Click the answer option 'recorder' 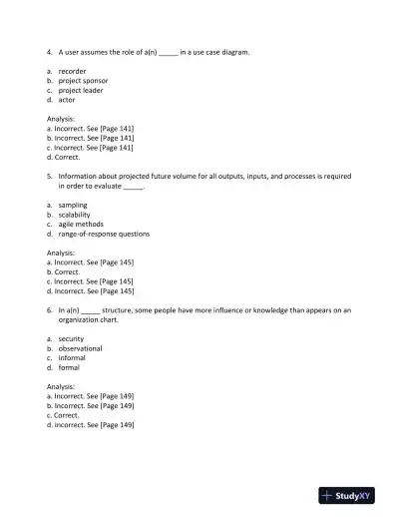pyautogui.click(x=72, y=71)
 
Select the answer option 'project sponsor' pyautogui.click(x=82, y=80)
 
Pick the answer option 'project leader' pyautogui.click(x=80, y=90)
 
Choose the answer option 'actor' pyautogui.click(x=67, y=100)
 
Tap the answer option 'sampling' pyautogui.click(x=73, y=205)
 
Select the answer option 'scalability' pyautogui.click(x=76, y=215)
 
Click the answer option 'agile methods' pyautogui.click(x=81, y=224)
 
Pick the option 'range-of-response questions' pyautogui.click(x=104, y=234)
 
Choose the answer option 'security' pyautogui.click(x=71, y=338)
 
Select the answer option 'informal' pyautogui.click(x=72, y=357)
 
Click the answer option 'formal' pyautogui.click(x=69, y=367)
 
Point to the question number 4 pyautogui.click(x=49, y=51)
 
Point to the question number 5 pyautogui.click(x=49, y=176)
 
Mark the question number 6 pyautogui.click(x=49, y=309)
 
